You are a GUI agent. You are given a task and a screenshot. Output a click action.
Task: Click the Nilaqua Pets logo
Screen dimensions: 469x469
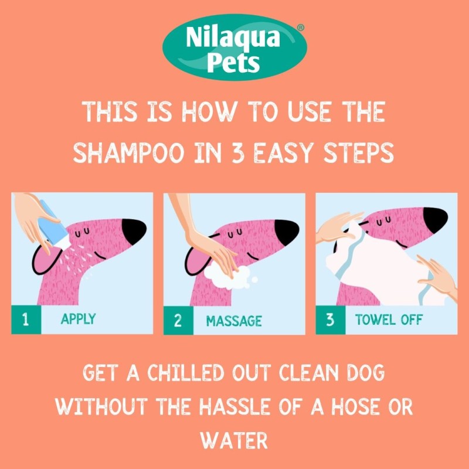pyautogui.click(x=235, y=47)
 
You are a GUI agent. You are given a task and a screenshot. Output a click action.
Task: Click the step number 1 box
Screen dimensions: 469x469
pyautogui.click(x=26, y=320)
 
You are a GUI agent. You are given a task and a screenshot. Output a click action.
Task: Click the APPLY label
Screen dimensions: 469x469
pyautogui.click(x=78, y=320)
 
